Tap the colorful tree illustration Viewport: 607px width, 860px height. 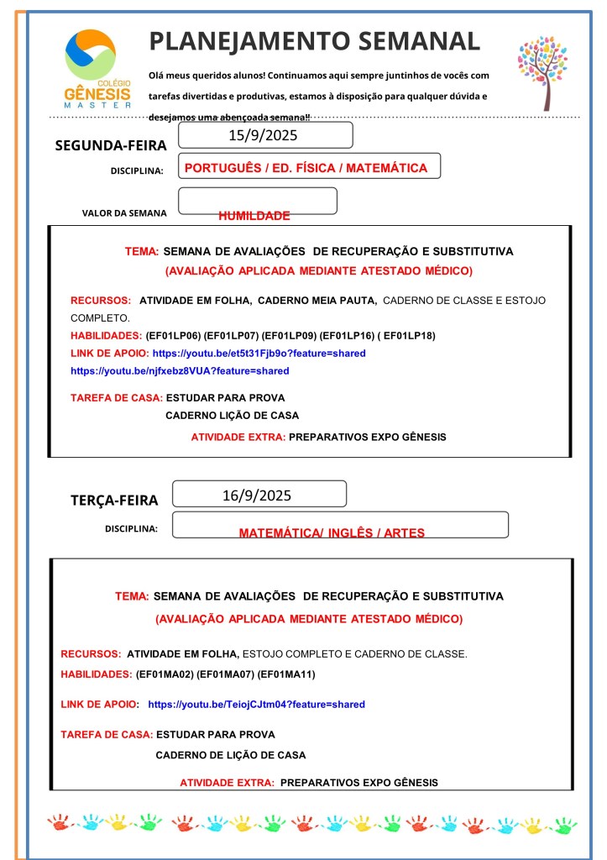click(x=543, y=72)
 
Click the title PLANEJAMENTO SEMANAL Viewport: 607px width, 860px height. click(x=315, y=40)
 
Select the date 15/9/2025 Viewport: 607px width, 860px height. click(x=263, y=134)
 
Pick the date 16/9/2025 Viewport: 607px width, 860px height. click(x=257, y=495)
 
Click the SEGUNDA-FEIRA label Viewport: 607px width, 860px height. click(x=111, y=145)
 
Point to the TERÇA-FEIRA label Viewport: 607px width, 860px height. click(x=114, y=501)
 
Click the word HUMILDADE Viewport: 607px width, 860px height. click(x=254, y=216)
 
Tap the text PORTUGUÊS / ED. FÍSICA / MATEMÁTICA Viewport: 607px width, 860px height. click(x=306, y=168)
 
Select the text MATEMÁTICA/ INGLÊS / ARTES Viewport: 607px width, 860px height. click(x=332, y=532)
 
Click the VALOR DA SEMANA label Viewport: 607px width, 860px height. click(x=124, y=212)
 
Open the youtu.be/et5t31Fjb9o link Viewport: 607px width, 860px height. click(x=259, y=353)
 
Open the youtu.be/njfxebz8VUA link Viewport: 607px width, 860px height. click(x=180, y=370)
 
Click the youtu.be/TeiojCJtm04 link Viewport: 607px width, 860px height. click(x=256, y=705)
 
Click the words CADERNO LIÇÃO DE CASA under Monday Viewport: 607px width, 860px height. click(x=232, y=415)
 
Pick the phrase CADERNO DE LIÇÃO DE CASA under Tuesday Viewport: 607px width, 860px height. click(x=230, y=755)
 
